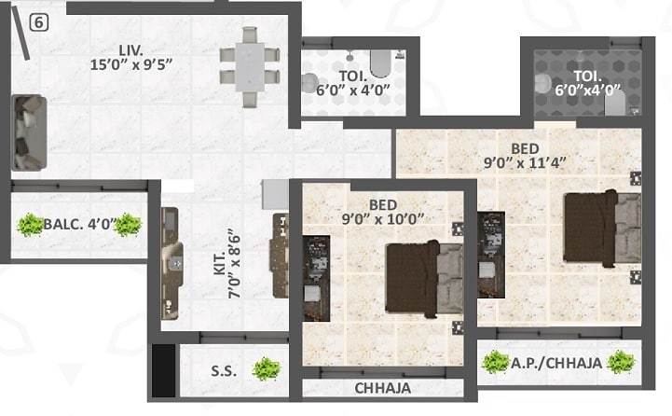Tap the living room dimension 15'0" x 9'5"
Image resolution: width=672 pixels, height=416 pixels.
click(133, 64)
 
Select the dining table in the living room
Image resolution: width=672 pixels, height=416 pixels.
click(250, 67)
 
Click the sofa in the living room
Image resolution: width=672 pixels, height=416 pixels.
click(29, 132)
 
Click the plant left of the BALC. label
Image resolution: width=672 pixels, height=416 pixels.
click(31, 224)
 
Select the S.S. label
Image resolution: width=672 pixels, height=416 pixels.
click(223, 370)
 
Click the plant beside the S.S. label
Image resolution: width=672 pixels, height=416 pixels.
click(267, 369)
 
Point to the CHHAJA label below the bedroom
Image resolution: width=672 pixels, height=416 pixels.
click(381, 388)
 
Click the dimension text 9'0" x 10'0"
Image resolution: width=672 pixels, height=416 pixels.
click(383, 217)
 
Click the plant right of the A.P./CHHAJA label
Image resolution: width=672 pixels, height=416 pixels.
click(620, 362)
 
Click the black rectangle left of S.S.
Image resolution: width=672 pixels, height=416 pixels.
click(164, 369)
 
